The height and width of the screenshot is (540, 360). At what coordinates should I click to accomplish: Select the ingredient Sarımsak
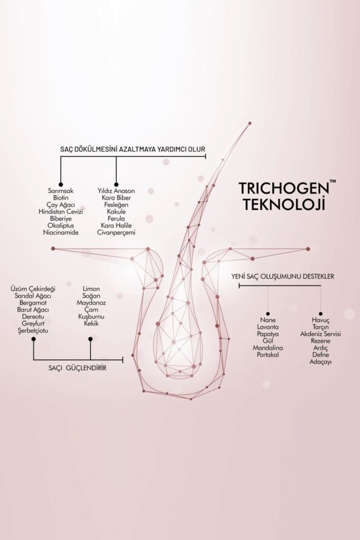point(61,191)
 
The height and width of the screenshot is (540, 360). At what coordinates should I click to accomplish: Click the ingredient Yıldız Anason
point(116,191)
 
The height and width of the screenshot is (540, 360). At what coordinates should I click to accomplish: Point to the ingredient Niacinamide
point(61,232)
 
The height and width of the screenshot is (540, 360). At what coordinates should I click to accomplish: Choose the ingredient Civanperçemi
point(116,232)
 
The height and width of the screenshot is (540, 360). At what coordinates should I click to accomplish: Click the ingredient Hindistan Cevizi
point(61,212)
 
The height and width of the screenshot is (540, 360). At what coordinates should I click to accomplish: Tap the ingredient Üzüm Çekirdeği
point(33,289)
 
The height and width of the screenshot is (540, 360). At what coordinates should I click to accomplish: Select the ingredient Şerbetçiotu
point(33,331)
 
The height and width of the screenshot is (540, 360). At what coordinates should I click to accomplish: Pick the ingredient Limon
point(91,289)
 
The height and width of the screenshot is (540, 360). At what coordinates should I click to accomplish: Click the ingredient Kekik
point(91,324)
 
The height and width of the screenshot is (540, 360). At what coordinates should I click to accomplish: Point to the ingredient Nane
point(268,320)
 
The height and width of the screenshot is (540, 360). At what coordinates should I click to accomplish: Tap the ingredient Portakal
point(268,355)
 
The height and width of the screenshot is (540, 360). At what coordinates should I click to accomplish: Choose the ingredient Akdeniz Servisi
point(321,334)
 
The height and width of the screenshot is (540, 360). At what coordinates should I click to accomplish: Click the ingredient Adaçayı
point(321,362)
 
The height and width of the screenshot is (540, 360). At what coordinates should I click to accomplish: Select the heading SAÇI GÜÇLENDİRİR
point(77,368)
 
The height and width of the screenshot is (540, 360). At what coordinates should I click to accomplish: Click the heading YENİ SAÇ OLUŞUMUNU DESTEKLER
point(283,276)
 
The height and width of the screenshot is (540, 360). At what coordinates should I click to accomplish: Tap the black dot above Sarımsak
point(61,184)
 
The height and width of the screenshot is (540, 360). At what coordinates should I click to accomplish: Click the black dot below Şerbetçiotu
point(33,339)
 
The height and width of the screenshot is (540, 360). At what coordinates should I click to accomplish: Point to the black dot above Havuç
point(321,314)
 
